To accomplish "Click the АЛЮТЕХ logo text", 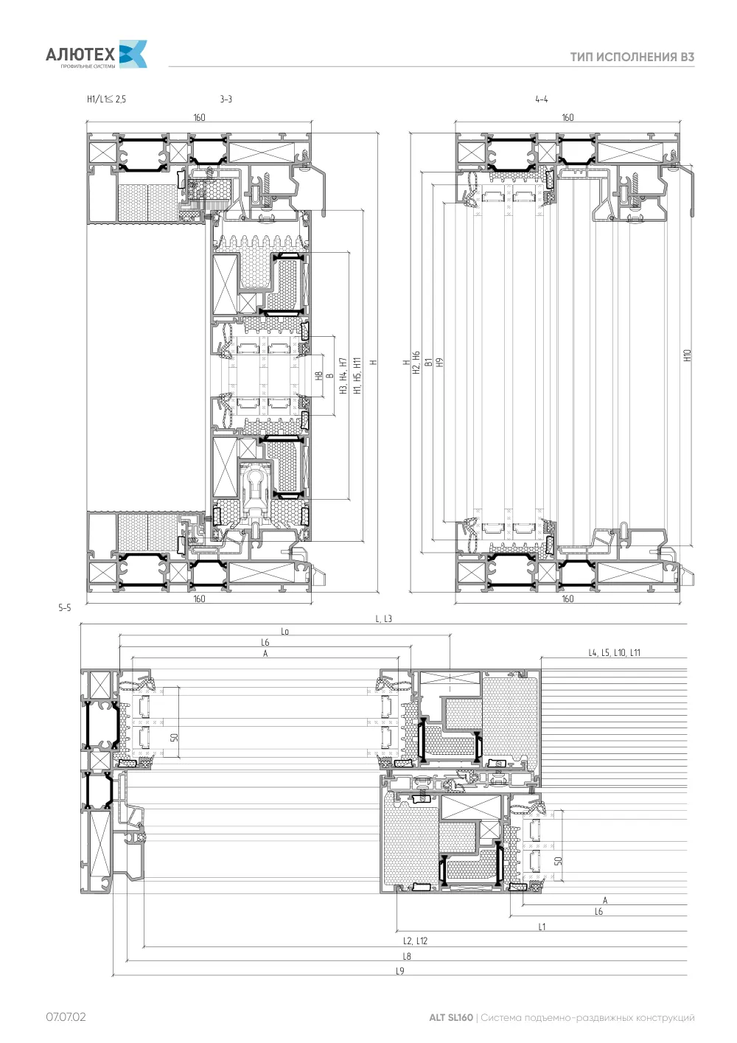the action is [80, 55].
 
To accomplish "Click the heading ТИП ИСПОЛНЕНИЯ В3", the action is [632, 57].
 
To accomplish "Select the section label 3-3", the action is [226, 100].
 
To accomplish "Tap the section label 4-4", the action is [542, 100].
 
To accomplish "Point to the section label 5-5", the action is [65, 607].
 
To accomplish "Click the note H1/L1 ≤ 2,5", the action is [107, 100].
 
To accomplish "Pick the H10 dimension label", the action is [687, 356].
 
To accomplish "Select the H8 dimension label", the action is [319, 376].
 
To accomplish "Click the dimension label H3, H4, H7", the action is [343, 376].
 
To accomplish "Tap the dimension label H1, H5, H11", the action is [357, 376].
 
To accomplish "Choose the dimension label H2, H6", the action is [416, 363].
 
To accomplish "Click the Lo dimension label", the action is [285, 632].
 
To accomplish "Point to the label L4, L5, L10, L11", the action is [615, 653].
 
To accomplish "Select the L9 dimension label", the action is [400, 971].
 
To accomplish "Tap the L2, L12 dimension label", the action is [415, 941].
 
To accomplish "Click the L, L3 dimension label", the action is [384, 619].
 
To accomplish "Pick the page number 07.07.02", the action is [66, 1016].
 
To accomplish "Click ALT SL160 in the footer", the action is [451, 1017].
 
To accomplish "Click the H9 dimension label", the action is [440, 362].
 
